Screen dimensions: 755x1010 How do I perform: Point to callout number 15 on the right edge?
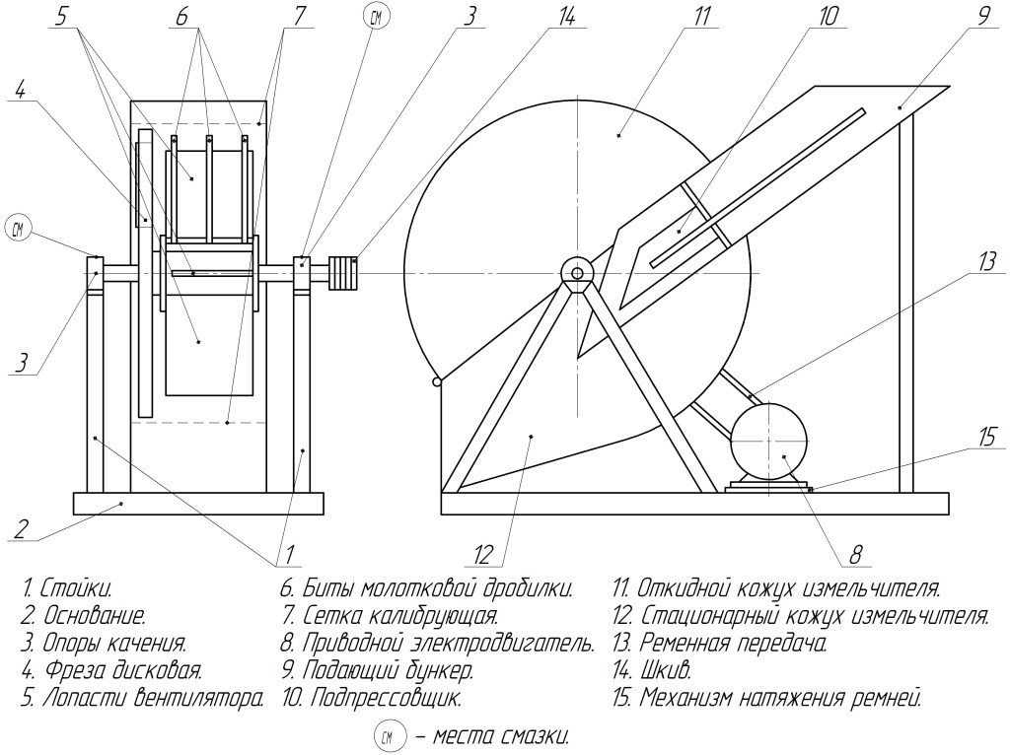coord(986,434)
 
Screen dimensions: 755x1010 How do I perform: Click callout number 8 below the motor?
coord(855,556)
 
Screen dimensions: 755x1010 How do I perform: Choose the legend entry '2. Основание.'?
coord(83,617)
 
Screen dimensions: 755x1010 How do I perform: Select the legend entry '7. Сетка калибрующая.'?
coord(389,617)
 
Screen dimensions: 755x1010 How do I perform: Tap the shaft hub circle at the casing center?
coord(576,269)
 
